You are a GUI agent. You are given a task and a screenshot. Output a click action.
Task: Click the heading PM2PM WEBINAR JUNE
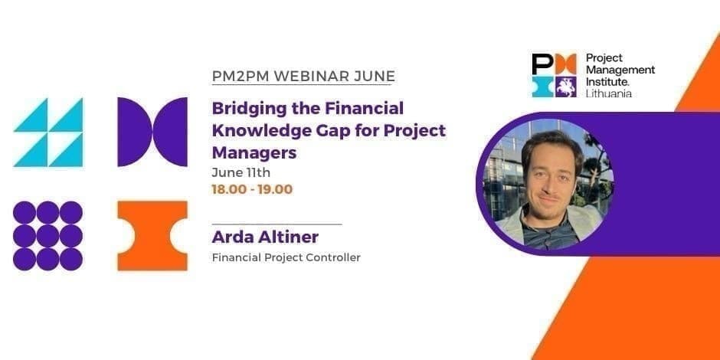pos(303,76)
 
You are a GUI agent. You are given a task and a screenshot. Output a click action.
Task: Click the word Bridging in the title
pos(242,108)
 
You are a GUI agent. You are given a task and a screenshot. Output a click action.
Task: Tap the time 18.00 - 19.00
pos(252,189)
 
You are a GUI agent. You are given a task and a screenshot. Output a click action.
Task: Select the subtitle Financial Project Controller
pos(286,258)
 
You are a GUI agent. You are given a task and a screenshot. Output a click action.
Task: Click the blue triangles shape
pos(47,133)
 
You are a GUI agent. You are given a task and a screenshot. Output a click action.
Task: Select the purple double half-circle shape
pos(152,132)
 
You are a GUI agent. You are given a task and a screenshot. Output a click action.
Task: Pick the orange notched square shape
pos(152,235)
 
